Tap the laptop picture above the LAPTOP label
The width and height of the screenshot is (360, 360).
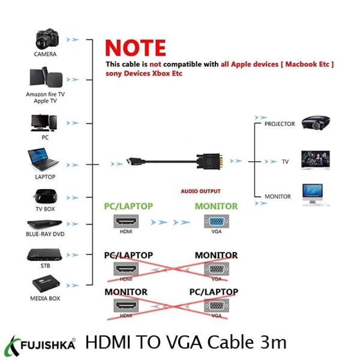pos(43,159)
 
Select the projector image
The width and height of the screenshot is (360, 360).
pos(316,123)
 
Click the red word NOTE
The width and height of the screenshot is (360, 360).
pos(135,48)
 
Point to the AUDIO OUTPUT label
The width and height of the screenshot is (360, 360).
pos(201,191)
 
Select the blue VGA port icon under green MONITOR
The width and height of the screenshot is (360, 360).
pos(216,221)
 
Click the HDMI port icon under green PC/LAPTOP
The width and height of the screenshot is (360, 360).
pos(126,221)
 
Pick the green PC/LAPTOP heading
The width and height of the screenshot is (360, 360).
pos(129,206)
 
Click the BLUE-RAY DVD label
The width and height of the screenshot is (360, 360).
pos(45,234)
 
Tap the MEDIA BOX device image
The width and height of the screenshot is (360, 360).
pos(46,285)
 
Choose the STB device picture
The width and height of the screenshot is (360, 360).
pos(45,255)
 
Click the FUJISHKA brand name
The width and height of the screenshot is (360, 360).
pos(48,345)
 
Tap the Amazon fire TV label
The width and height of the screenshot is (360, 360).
pos(45,94)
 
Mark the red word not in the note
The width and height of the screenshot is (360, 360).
pos(156,64)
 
